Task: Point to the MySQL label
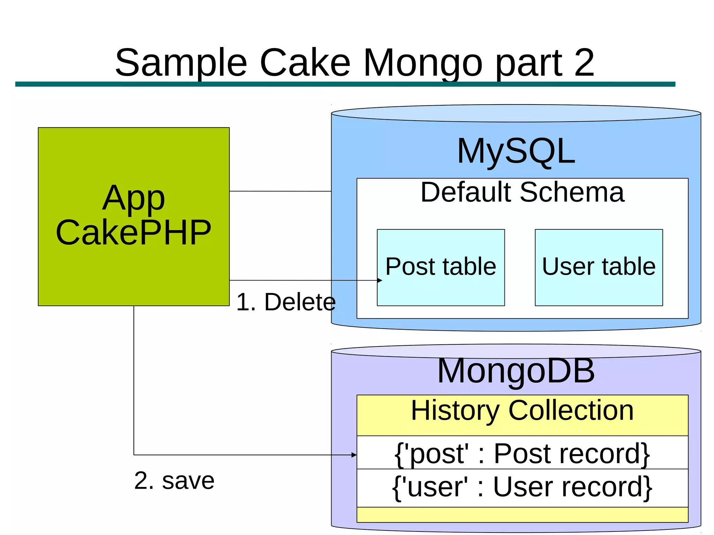[x=516, y=151]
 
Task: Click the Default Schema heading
[x=522, y=192]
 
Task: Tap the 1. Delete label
[x=286, y=302]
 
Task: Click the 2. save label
[x=174, y=481]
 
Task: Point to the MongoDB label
[x=516, y=371]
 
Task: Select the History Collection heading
[x=522, y=411]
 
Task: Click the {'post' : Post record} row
[x=522, y=453]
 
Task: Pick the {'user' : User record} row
[x=522, y=487]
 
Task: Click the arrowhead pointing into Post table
[x=380, y=280]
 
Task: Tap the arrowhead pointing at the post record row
[x=354, y=455]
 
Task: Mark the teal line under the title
[x=345, y=84]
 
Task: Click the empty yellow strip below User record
[x=522, y=515]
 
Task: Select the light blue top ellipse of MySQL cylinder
[x=516, y=113]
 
